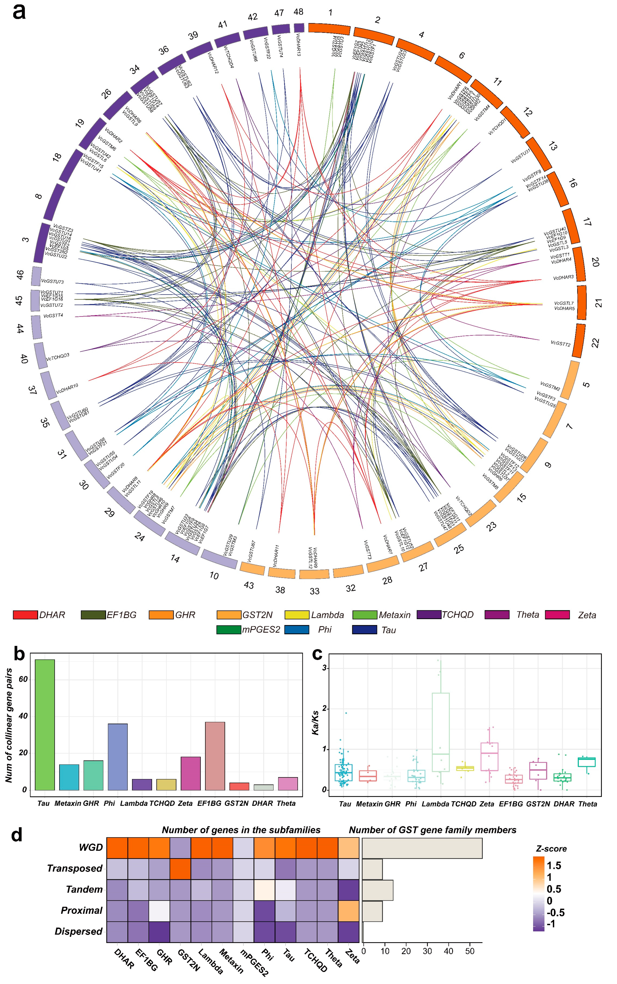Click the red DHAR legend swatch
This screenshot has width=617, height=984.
25,615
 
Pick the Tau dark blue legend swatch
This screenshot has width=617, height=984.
364,629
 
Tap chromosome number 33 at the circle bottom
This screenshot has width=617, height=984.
314,591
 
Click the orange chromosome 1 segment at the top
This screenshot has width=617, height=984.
329,29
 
